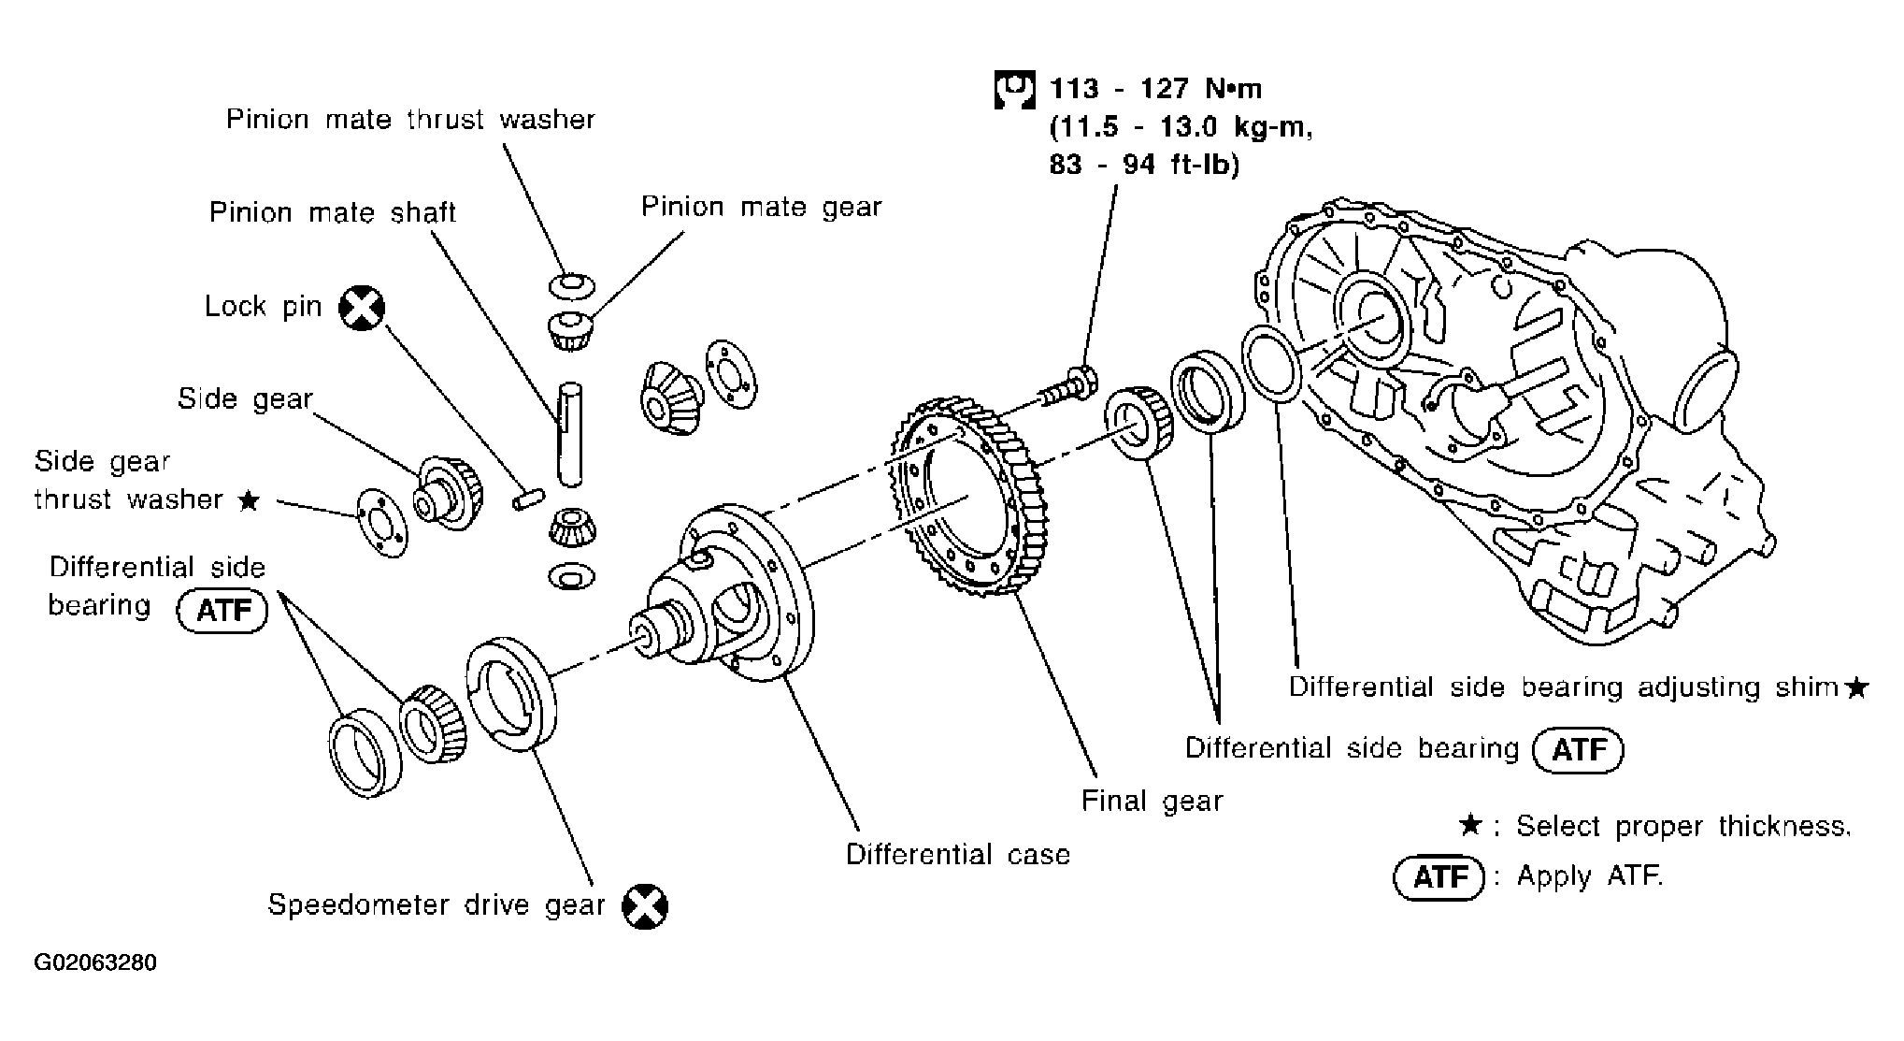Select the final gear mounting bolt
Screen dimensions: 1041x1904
click(x=1070, y=386)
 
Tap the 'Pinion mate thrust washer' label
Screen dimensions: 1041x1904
click(x=410, y=120)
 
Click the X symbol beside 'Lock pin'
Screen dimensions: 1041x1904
click(x=361, y=307)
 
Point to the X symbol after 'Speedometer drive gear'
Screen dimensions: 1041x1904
click(x=645, y=905)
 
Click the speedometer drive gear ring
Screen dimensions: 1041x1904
click(x=510, y=693)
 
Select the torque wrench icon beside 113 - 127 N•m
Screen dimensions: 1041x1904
click(x=1014, y=90)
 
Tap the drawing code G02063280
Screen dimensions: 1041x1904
click(x=95, y=962)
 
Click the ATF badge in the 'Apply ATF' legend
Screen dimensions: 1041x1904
click(x=1439, y=877)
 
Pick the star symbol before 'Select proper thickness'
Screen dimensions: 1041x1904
click(x=1470, y=826)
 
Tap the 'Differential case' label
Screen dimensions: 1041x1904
click(x=957, y=854)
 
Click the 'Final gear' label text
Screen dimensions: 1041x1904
click(x=1152, y=801)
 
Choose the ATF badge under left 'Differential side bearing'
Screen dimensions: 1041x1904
click(x=222, y=611)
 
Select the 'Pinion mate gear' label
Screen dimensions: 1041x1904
click(x=761, y=207)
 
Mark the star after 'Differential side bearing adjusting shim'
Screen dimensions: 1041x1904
click(x=1856, y=688)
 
